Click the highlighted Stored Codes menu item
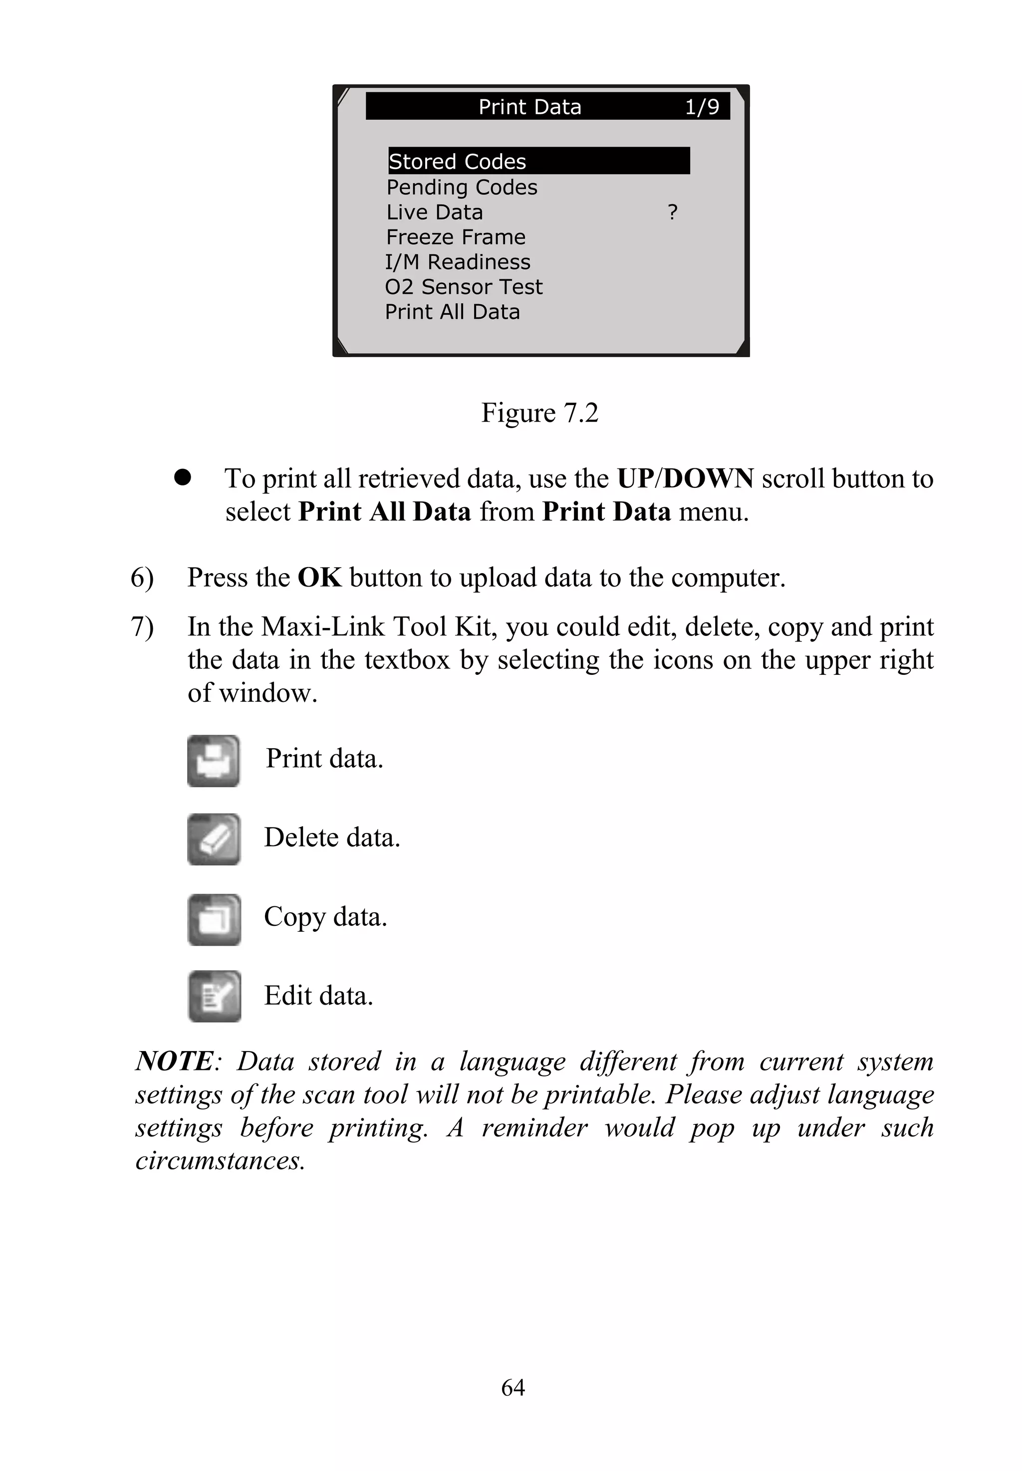538,161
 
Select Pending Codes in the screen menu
462,188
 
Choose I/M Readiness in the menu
457,262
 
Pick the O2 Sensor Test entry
463,287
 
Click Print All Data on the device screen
452,312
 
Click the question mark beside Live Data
672,212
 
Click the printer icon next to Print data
213,761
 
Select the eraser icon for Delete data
213,839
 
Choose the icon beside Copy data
213,920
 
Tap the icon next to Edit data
214,997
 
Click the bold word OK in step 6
319,578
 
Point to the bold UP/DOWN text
685,479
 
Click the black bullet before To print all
183,477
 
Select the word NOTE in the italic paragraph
174,1062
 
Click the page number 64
513,1388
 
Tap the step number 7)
142,627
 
